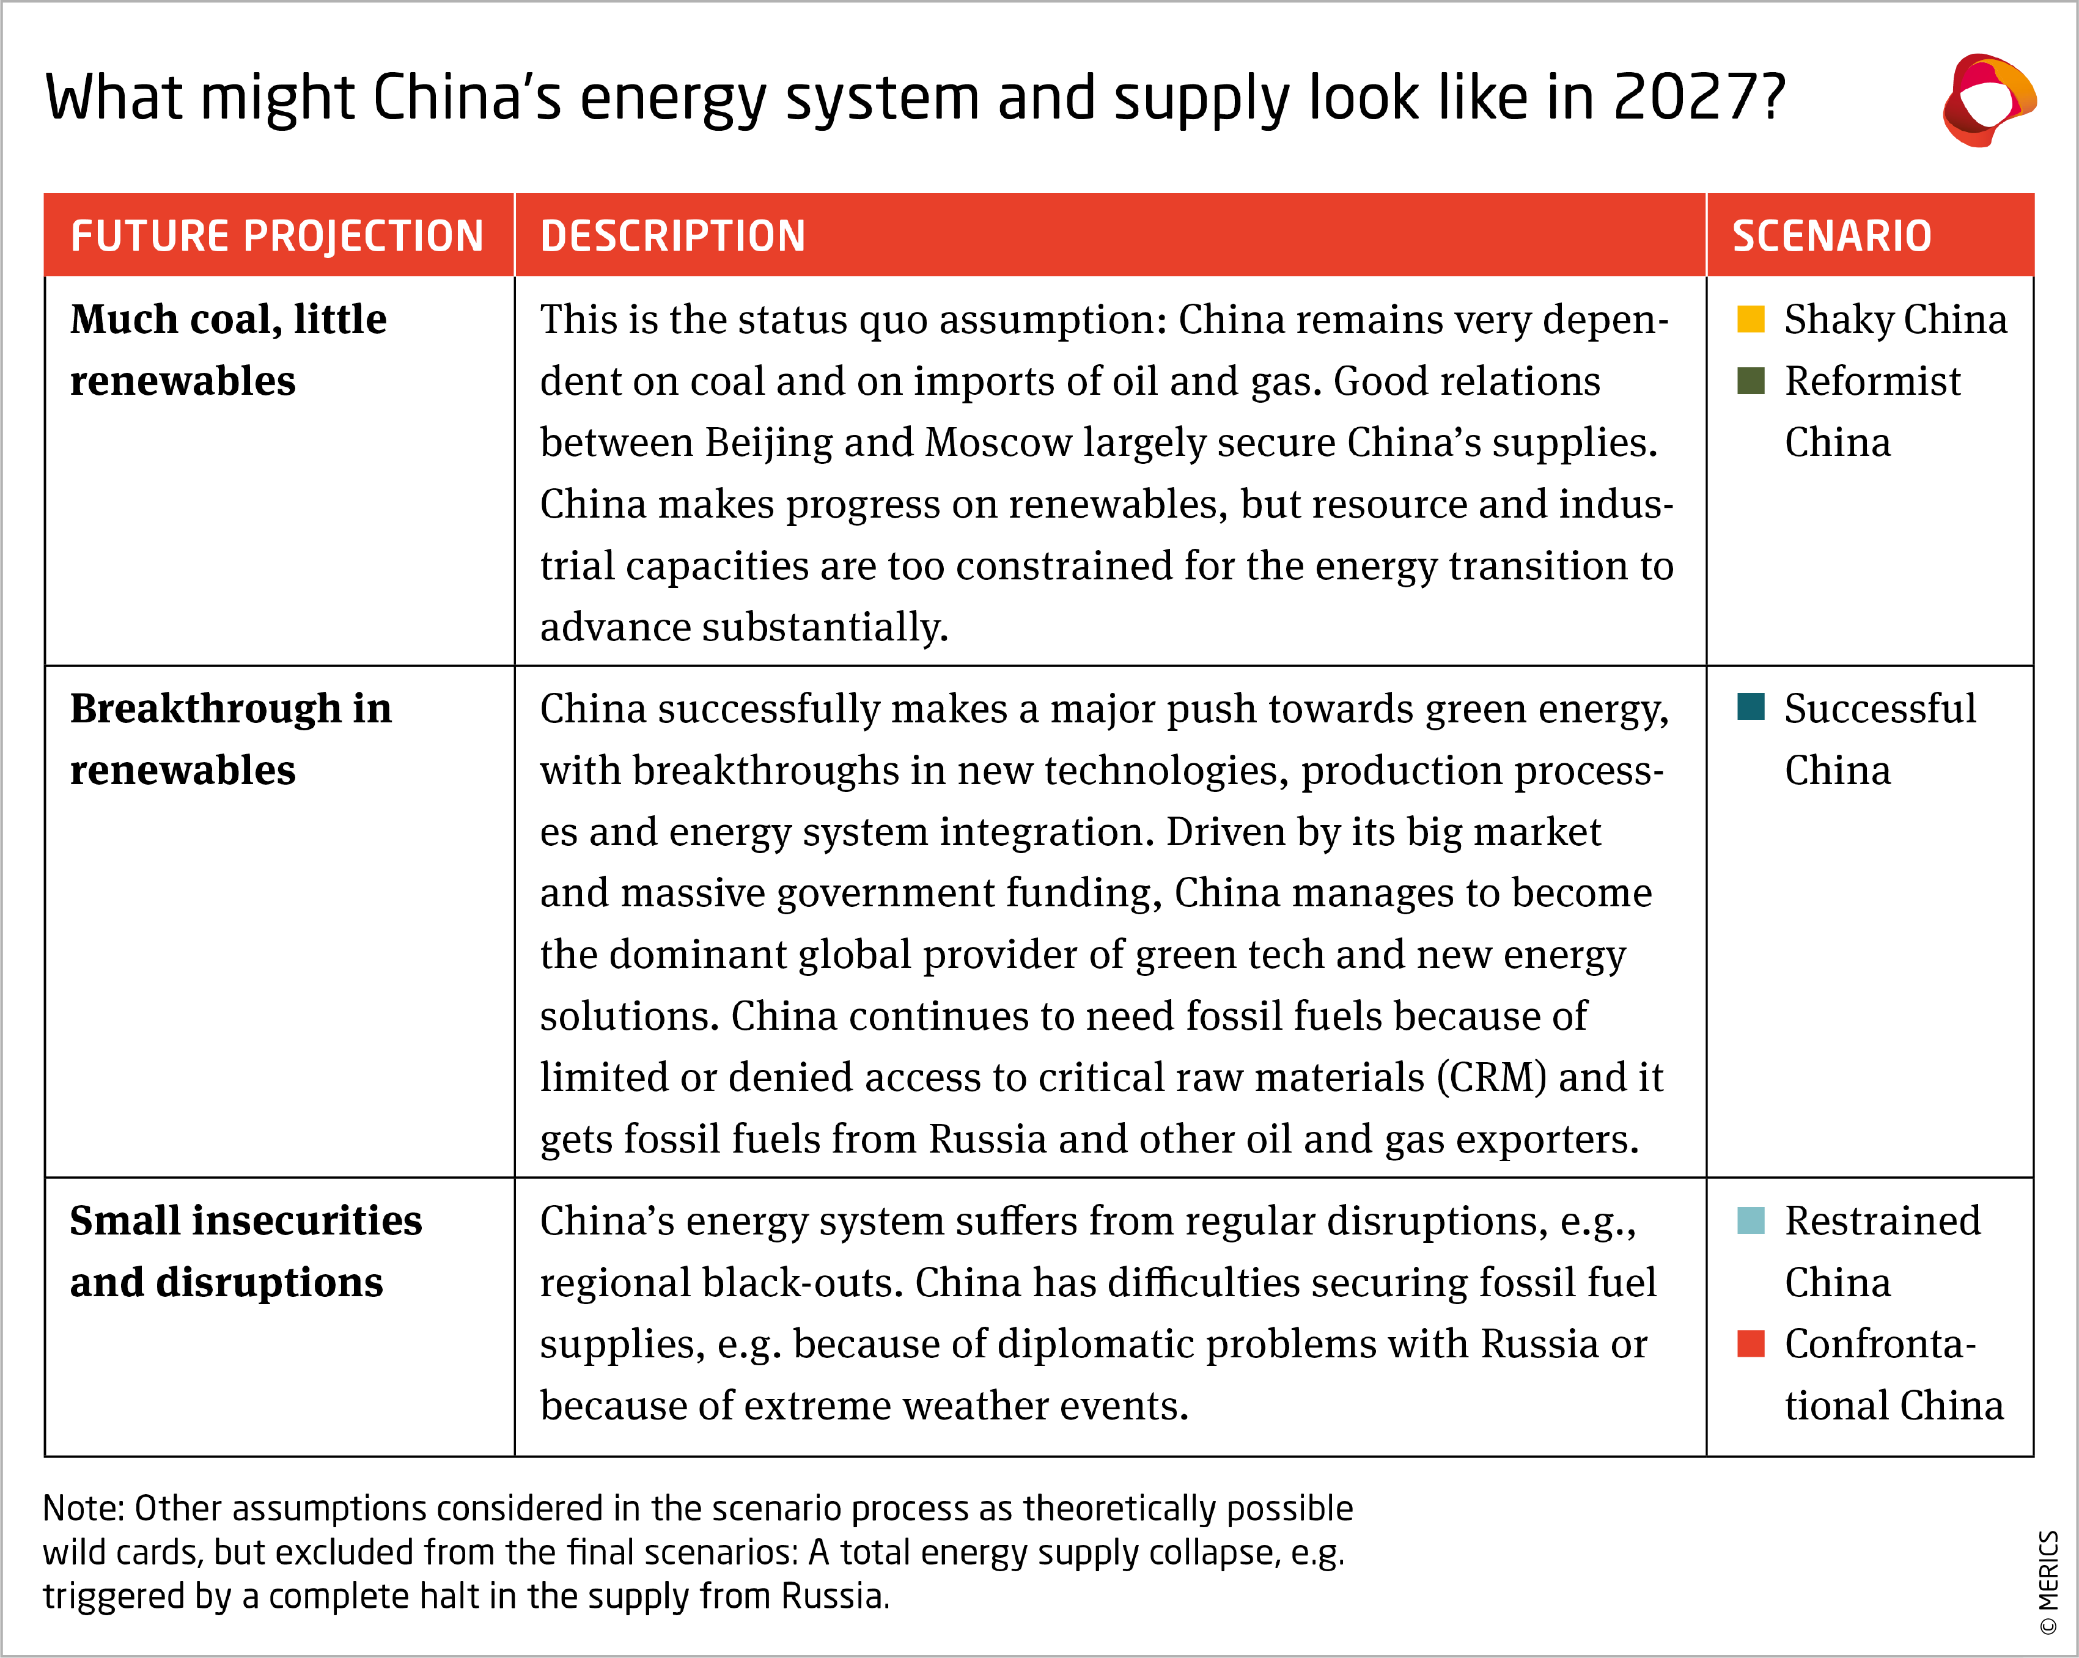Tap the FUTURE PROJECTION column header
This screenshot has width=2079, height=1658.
point(277,236)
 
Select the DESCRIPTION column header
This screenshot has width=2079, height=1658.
point(672,236)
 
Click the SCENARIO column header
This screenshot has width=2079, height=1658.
point(1831,236)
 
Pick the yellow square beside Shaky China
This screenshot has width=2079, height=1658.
point(1750,319)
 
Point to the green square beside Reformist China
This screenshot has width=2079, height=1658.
point(1750,381)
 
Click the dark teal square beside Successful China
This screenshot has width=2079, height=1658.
point(1750,708)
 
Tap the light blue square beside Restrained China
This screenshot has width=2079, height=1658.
point(1750,1220)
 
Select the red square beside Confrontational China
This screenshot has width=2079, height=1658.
point(1750,1343)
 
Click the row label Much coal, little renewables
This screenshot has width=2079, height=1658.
point(229,349)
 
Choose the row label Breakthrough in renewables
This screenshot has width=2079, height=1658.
point(230,738)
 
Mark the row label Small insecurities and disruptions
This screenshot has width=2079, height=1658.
point(246,1251)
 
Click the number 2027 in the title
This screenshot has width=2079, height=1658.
point(1688,98)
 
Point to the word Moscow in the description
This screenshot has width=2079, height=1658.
point(998,442)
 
